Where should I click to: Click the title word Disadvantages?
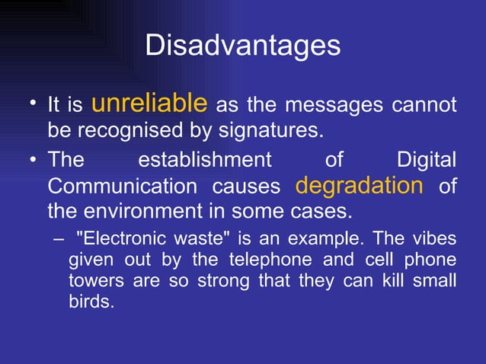pos(242,45)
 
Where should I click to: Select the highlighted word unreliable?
pos(149,102)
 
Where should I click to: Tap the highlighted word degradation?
pos(358,185)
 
